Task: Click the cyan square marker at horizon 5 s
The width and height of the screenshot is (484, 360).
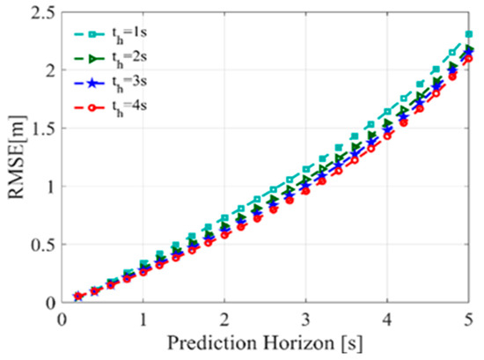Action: (469, 34)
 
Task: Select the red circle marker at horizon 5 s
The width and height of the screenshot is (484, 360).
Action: (469, 59)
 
